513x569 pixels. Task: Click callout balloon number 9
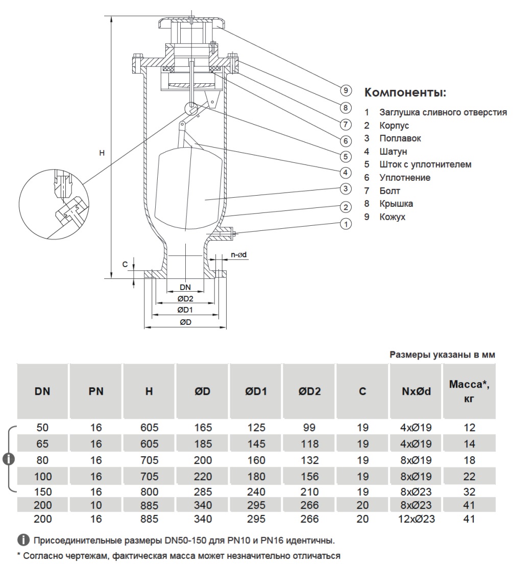pos(346,90)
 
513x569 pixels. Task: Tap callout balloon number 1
pos(346,224)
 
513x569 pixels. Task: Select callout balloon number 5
pos(346,156)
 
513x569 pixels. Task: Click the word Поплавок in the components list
pos(400,138)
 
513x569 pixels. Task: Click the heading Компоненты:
pos(405,93)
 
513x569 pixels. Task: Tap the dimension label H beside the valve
pos(102,152)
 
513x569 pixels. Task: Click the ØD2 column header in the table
pos(309,392)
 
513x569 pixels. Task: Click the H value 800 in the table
pos(149,492)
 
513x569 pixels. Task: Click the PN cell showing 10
pos(96,506)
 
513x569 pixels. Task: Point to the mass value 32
pos(469,492)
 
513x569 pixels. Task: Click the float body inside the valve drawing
pos(189,186)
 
